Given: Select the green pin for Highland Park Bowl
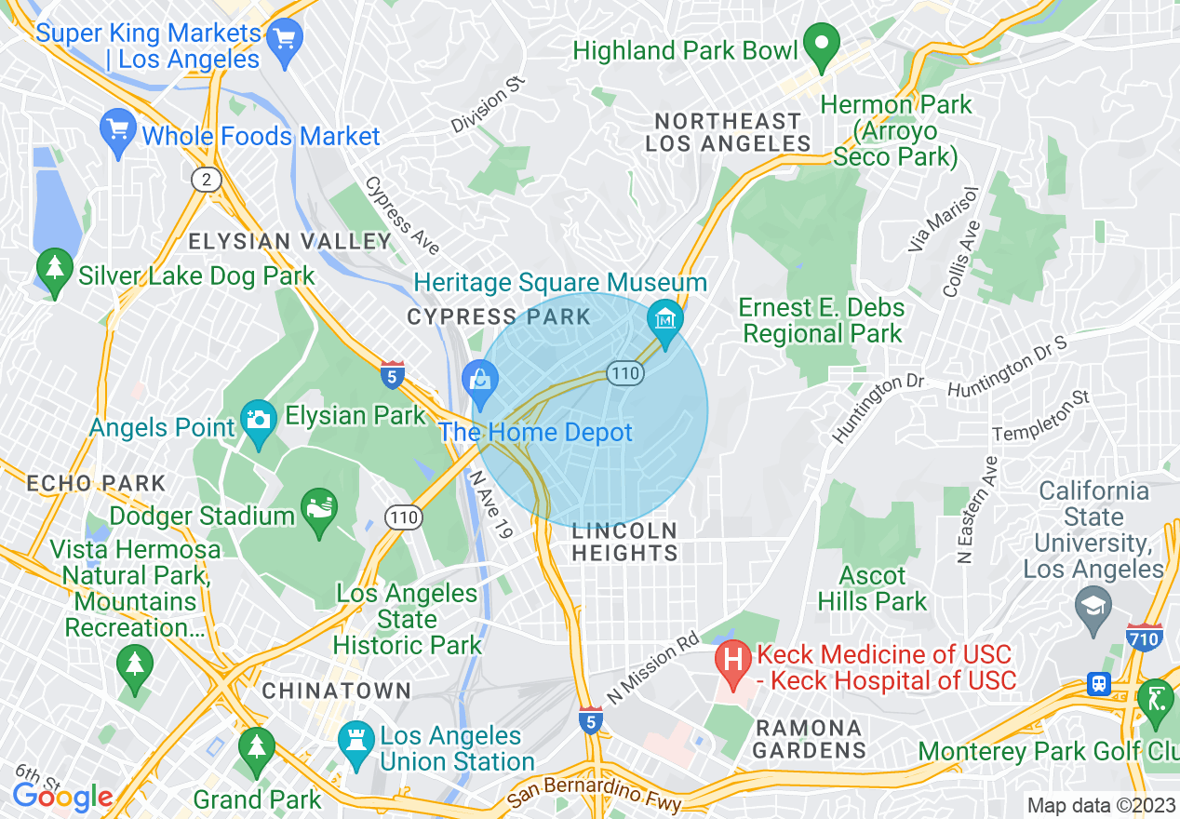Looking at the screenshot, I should coord(822,46).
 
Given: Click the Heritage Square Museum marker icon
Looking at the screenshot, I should coord(665,320).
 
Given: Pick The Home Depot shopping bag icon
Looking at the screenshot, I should coord(480,382).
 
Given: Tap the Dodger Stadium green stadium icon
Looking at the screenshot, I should coord(318,510).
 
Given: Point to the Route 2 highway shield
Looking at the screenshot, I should coord(205,179).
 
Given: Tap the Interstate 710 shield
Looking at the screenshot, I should coord(1144,638).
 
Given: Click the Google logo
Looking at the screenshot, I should coord(63,797).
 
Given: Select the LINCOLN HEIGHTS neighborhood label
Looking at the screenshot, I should coord(624,542).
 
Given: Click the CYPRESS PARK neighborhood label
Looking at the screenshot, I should coord(499,317).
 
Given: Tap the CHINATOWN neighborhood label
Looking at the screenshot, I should coord(336,691).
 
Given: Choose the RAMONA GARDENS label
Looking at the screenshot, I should coord(808,738).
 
